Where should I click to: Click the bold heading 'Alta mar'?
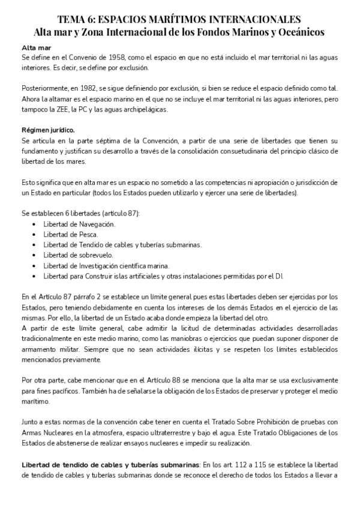33,47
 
